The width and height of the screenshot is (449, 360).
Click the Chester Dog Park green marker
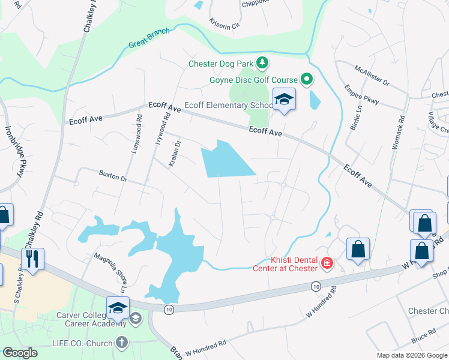262,62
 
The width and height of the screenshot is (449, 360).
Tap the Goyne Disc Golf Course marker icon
306,79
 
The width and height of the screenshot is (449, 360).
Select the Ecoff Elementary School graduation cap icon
284,100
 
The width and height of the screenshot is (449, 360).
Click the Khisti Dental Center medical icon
327,263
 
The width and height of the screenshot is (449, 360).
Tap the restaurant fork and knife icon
31,259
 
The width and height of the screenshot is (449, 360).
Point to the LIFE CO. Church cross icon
122,343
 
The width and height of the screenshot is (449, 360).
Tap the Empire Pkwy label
361,95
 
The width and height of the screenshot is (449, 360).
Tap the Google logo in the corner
20,352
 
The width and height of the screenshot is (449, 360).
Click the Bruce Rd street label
423,331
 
